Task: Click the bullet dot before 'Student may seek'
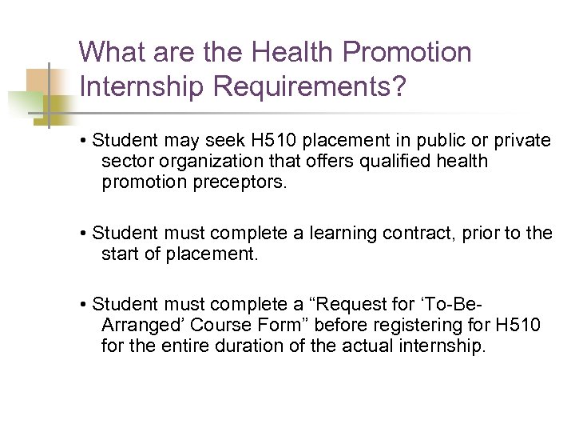[84, 142]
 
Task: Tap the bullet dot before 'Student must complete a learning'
[84, 234]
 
